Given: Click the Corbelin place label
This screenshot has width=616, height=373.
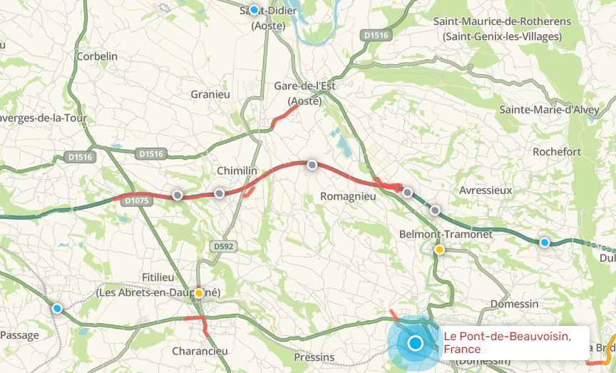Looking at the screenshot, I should pos(96,56).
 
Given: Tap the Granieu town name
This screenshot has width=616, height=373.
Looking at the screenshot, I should pos(210,94).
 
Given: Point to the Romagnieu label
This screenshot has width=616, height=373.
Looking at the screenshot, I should pos(348,195).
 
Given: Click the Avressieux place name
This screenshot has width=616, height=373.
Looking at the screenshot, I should pos(486,190).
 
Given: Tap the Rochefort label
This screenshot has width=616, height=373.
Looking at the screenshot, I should pos(557,152).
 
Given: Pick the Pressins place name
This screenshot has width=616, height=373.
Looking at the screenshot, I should pos(314,357).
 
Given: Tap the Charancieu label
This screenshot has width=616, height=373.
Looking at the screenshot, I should pos(200,351).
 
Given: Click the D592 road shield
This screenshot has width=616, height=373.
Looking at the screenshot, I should pos(222,246).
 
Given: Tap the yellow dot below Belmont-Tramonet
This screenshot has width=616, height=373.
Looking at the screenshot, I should pos(440,250).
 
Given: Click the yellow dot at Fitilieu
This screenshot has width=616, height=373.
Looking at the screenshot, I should pos(199,293).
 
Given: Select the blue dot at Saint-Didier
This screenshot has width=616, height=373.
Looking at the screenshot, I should pos(254,9).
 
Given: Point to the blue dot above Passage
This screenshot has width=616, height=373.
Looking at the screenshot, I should pos(57,308).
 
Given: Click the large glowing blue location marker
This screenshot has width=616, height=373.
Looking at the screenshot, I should pos(416,344).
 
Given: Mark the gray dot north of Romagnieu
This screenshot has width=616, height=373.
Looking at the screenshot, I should pos(312,165).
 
